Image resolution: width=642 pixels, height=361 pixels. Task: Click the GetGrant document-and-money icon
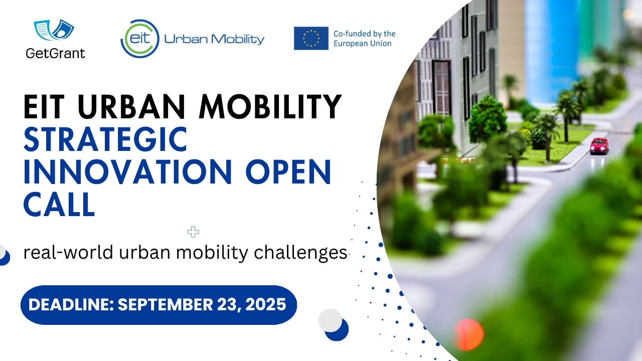54,31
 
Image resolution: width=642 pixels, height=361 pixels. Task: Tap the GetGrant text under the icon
55,53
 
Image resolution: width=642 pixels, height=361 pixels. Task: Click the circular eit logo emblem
140,38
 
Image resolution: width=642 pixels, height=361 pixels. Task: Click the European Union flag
311,38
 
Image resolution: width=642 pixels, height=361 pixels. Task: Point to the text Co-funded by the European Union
364,39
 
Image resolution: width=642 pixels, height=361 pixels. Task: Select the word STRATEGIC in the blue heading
105,140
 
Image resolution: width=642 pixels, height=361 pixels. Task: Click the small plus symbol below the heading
193,232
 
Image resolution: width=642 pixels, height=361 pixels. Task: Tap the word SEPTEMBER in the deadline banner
165,304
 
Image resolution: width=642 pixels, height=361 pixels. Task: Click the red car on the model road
599,145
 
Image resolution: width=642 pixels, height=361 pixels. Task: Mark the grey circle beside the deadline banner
330,320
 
